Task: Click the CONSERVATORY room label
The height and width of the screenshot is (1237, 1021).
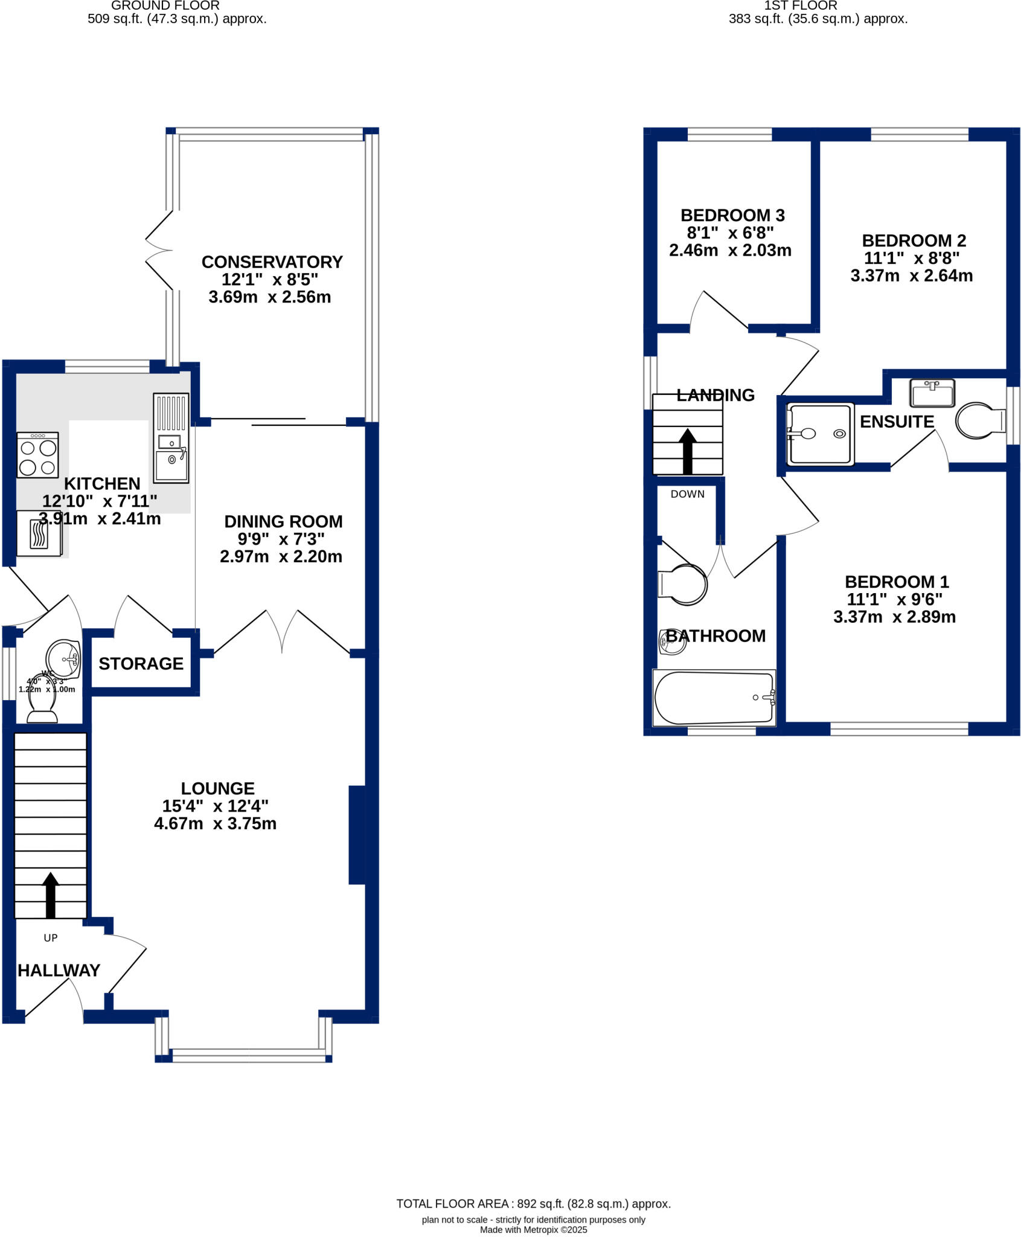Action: coord(272,262)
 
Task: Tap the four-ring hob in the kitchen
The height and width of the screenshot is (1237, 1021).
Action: coord(37,455)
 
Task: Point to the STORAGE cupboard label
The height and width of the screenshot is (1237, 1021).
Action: coord(141,664)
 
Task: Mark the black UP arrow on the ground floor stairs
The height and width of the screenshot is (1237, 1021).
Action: coord(51,895)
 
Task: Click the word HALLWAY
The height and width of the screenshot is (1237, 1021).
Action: coord(59,971)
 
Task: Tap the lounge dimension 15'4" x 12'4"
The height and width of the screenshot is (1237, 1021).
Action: coord(215,806)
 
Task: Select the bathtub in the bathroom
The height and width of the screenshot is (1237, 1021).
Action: coord(714,698)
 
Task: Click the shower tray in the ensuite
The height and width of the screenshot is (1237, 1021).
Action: coord(820,434)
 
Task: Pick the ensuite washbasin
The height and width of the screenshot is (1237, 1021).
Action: coord(932,393)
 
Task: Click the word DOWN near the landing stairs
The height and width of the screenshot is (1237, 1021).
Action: coord(687,494)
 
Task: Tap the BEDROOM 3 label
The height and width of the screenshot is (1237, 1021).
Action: coord(732,216)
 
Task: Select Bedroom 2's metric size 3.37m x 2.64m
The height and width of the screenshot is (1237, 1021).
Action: coord(911,276)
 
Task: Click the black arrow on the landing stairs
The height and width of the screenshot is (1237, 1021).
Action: coord(688,451)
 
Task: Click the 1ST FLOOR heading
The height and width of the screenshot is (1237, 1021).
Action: coord(800,6)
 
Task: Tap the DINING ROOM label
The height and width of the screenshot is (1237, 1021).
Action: coord(283,522)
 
